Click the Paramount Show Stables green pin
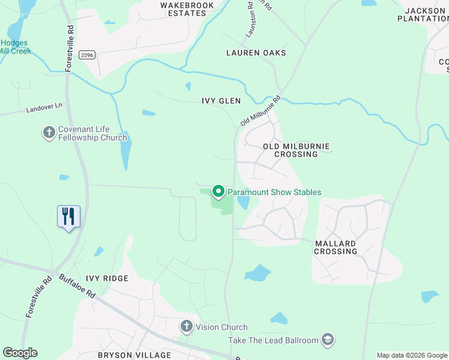[218, 192]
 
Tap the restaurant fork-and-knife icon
[68, 216]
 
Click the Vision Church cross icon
[187, 327]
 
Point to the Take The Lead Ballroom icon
[327, 340]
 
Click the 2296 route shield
[88, 55]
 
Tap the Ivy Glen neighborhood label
[221, 101]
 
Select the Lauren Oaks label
[256, 53]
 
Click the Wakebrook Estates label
[183, 9]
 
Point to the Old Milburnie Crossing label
[296, 150]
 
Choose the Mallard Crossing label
[336, 247]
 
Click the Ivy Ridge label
[107, 278]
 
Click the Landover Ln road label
[44, 108]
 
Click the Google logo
[20, 353]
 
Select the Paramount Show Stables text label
[274, 193]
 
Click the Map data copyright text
[412, 355]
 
